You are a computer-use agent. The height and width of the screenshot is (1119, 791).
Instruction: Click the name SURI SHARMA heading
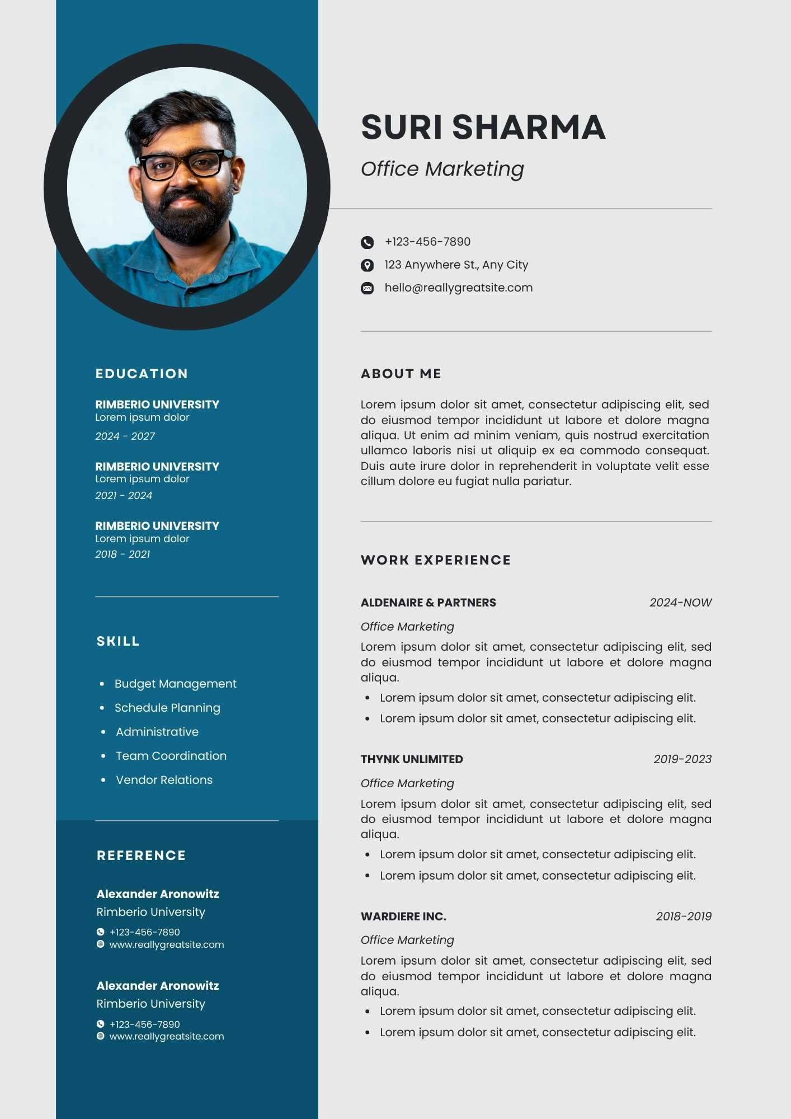(483, 127)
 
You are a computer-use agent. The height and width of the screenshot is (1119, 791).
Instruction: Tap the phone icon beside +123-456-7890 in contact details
(367, 242)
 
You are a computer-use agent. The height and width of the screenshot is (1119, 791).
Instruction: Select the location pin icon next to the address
(367, 265)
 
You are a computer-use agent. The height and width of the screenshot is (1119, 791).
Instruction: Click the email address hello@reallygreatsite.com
(458, 288)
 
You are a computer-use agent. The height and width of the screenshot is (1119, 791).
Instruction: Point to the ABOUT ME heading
(401, 374)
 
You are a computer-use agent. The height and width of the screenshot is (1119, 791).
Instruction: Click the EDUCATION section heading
(142, 374)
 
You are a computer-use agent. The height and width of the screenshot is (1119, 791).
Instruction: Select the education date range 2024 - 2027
(125, 436)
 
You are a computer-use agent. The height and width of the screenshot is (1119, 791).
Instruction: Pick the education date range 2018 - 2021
(123, 554)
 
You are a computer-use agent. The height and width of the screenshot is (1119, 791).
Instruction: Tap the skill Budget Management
(175, 684)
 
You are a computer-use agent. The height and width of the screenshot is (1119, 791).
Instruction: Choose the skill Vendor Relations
(164, 780)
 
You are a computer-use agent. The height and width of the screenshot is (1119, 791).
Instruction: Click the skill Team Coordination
(171, 756)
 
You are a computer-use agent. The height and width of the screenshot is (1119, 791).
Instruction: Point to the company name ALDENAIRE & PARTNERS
(428, 603)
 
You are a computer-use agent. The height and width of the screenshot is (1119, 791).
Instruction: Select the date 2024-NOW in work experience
(680, 603)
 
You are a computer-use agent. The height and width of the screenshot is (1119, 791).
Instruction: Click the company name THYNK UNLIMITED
(412, 759)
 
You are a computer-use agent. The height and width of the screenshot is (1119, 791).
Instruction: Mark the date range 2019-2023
(682, 759)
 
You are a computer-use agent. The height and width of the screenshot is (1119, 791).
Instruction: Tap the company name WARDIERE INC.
(403, 916)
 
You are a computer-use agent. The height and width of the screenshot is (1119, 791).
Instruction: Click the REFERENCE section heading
(141, 855)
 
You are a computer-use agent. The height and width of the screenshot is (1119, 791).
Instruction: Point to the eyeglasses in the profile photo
(185, 164)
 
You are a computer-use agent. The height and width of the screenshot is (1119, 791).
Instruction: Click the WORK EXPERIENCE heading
(436, 560)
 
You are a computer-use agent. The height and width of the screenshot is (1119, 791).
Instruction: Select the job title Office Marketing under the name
(442, 169)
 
